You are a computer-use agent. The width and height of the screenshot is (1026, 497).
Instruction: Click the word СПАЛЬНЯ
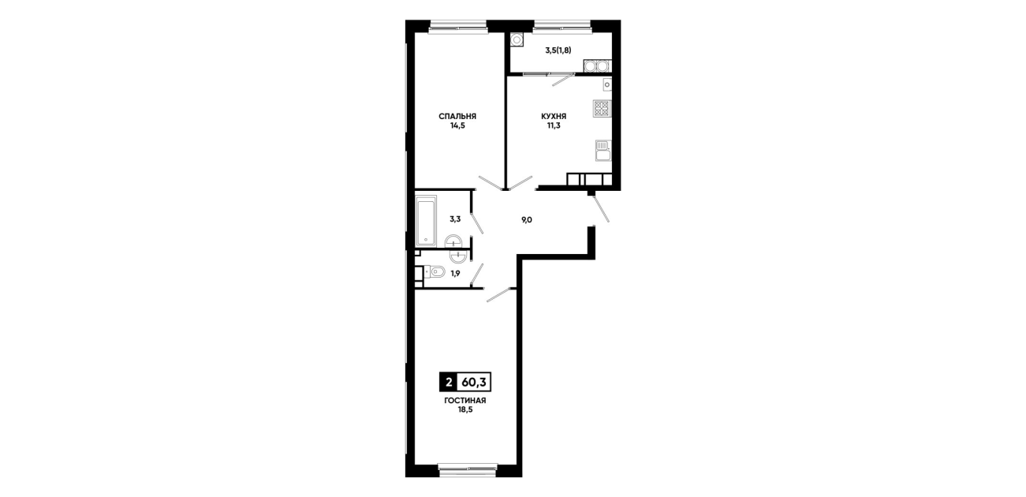(x=457, y=116)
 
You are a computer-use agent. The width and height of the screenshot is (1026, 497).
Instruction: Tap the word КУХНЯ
(x=554, y=116)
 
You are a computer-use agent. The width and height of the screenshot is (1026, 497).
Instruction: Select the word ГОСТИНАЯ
(x=465, y=401)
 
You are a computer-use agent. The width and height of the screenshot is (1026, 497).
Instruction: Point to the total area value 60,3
(x=474, y=382)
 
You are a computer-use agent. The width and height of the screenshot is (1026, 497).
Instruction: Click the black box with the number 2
(x=449, y=382)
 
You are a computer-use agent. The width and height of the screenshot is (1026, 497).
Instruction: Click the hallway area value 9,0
(x=527, y=220)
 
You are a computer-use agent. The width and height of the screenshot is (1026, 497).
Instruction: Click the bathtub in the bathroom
(x=426, y=221)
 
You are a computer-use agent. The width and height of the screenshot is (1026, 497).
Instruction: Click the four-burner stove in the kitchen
(x=603, y=109)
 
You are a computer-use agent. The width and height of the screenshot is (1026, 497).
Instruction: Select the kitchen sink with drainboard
(x=603, y=151)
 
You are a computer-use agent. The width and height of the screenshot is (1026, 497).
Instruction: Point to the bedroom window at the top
(x=457, y=28)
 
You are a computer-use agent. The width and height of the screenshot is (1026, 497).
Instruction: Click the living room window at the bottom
(x=468, y=469)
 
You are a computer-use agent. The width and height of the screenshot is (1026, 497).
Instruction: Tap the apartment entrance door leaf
(x=601, y=209)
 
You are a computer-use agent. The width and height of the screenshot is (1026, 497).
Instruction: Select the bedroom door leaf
(x=491, y=183)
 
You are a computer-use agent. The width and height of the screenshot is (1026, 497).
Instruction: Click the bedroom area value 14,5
(x=457, y=125)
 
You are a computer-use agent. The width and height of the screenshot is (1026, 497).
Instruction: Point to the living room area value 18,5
(x=465, y=410)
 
